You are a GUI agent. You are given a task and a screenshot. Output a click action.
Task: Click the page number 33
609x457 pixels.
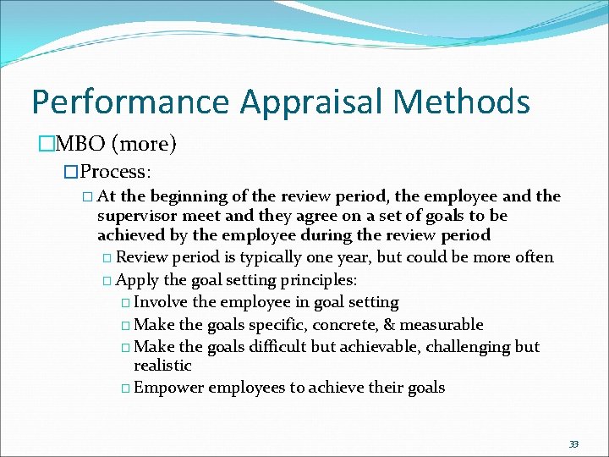click(x=573, y=443)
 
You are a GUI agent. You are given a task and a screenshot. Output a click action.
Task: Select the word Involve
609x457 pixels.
click(x=162, y=301)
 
